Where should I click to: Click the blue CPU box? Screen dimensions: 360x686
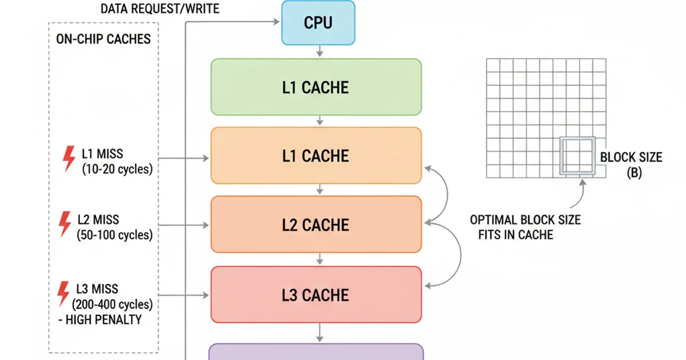pos(318,23)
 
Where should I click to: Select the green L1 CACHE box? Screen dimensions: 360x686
pos(316,87)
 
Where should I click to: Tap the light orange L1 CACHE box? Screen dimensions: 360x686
pos(316,155)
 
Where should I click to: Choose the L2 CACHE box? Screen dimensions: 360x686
pos(316,225)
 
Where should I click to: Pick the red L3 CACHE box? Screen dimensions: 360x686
pos(316,294)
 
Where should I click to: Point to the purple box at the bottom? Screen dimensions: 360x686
pos(316,352)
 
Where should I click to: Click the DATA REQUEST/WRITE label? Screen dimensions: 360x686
pos(159,9)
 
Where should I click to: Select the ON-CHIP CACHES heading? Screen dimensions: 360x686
pos(103,39)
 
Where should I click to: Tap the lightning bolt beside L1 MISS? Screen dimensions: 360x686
pos(69,158)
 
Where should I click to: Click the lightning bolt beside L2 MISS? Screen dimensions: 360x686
pos(66,224)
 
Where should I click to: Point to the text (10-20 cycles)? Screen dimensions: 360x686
pos(117,169)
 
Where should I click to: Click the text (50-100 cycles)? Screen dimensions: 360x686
pos(114,235)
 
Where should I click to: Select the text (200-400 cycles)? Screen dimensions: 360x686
pos(112,304)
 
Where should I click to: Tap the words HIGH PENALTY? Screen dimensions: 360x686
pos(103,319)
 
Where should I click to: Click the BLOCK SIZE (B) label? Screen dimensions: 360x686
pos(631,165)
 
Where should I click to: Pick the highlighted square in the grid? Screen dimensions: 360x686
pos(577,155)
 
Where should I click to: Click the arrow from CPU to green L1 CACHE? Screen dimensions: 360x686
pos(320,51)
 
